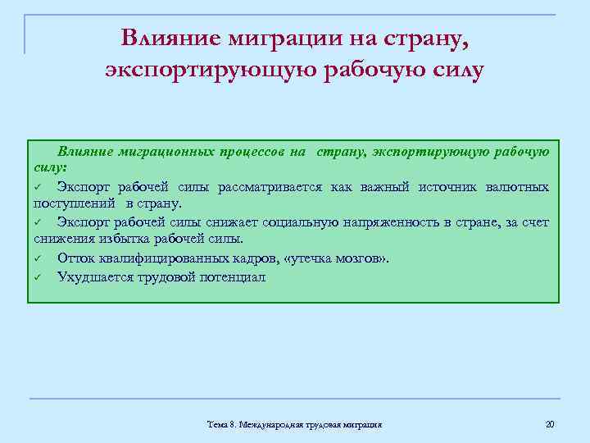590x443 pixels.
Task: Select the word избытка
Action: tap(126, 240)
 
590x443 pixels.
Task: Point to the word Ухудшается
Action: tap(92, 276)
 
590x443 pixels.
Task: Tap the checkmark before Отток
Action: tap(39, 259)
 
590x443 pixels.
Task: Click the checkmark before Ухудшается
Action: tap(39, 277)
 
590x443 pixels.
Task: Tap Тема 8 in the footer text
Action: tap(220, 425)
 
